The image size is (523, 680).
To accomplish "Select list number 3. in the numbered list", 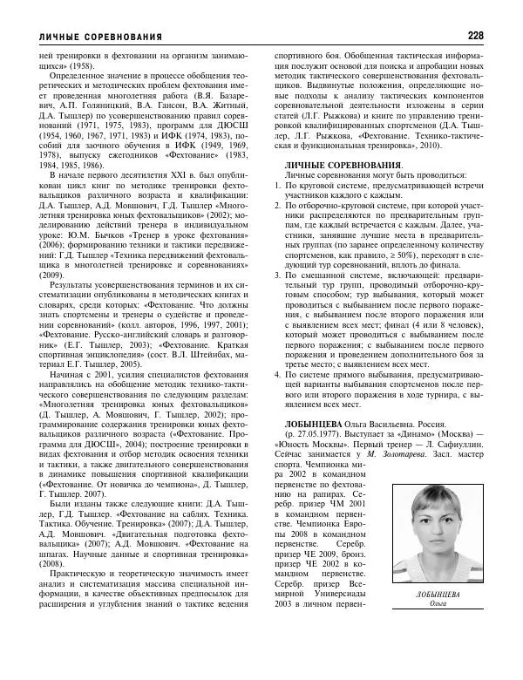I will tap(278, 275).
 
